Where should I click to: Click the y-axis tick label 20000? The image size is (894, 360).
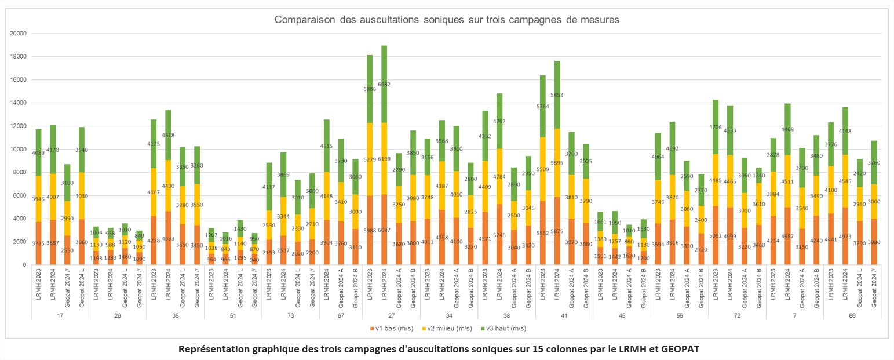(x=19, y=34)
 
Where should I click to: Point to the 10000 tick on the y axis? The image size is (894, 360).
(x=19, y=149)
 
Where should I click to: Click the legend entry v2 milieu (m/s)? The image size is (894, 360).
(x=447, y=328)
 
